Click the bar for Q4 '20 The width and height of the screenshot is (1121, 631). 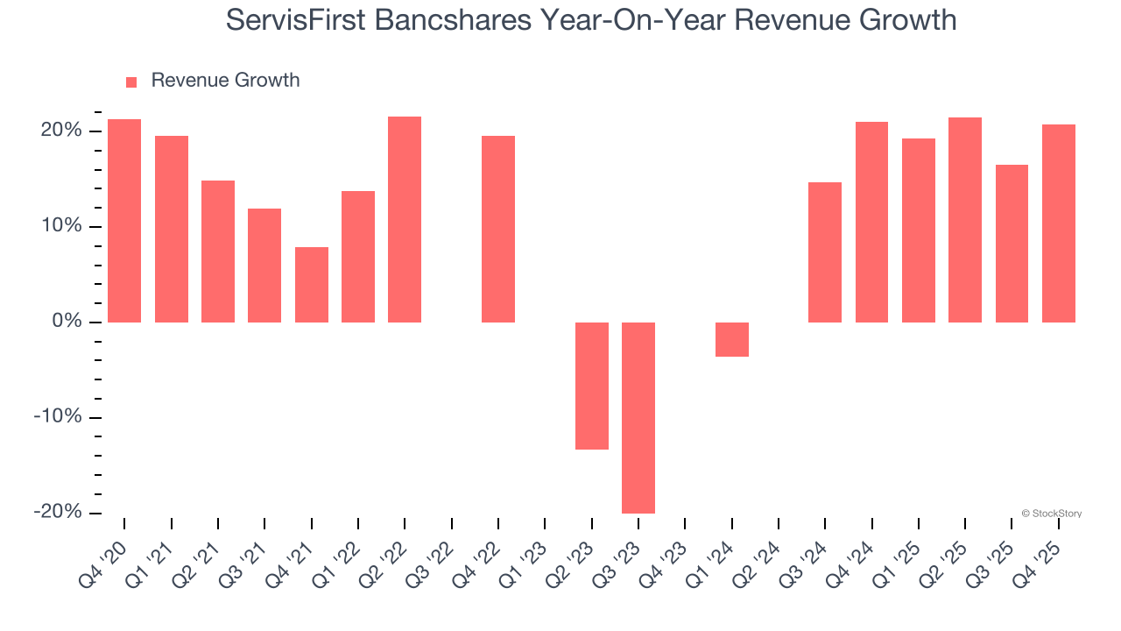(x=124, y=221)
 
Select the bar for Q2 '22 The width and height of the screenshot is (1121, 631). (x=405, y=219)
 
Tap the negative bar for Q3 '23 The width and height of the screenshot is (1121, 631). (x=638, y=417)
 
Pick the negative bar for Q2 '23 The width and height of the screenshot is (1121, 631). (x=592, y=386)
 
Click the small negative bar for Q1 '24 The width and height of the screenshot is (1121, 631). (x=732, y=339)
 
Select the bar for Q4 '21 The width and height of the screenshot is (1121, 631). (x=312, y=285)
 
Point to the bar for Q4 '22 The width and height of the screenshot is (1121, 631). (x=498, y=229)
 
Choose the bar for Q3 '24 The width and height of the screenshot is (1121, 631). (x=825, y=252)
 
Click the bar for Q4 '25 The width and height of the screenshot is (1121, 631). (x=1059, y=223)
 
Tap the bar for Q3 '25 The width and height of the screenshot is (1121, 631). (x=1012, y=244)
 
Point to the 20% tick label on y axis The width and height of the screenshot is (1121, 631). (x=60, y=131)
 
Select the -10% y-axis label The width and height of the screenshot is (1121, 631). (x=58, y=417)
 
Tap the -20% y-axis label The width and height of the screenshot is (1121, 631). (x=58, y=512)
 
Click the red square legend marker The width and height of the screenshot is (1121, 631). (x=131, y=82)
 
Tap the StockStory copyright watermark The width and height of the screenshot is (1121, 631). (x=1051, y=514)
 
